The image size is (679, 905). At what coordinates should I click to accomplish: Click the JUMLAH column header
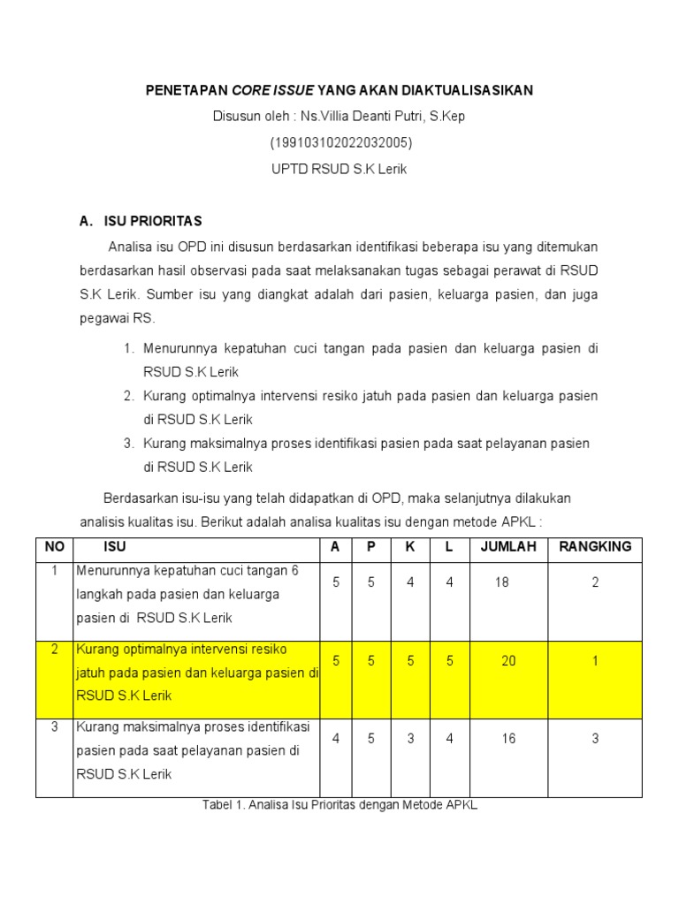pos(508,547)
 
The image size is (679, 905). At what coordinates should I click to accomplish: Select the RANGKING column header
pos(595,547)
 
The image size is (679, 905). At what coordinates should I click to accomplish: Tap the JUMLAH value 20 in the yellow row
pos(508,660)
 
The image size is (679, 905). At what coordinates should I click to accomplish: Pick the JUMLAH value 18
pos(502,582)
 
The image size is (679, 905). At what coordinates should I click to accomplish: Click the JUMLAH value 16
pos(508,738)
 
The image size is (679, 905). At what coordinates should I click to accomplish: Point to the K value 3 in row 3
pos(410,738)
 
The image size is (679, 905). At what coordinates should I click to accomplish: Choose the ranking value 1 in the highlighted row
pos(595,660)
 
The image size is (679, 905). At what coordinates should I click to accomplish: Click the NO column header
pos(55,547)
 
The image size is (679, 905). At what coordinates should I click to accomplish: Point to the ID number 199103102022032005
pos(340,142)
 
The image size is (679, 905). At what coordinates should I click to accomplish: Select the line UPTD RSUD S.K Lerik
pos(339,169)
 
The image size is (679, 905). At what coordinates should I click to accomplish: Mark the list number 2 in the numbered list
pos(128,395)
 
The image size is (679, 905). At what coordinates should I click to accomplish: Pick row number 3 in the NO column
pos(54,727)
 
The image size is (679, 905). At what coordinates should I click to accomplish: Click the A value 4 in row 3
pos(335,738)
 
